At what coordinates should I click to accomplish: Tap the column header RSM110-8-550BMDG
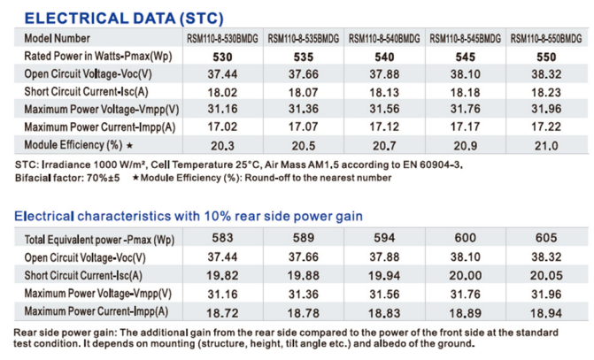click(546, 39)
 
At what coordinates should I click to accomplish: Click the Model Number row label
click(58, 39)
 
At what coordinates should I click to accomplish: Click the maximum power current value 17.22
click(546, 127)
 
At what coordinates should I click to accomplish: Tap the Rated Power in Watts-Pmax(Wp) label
click(98, 57)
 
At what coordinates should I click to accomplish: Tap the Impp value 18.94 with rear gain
click(546, 311)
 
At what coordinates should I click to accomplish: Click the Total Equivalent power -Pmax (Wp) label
click(99, 240)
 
